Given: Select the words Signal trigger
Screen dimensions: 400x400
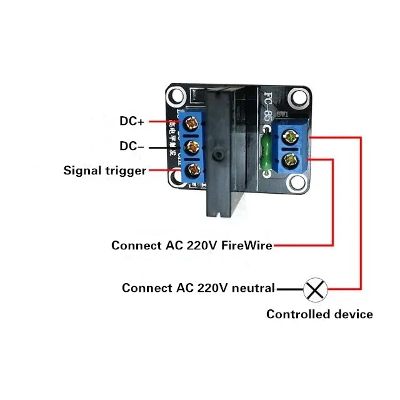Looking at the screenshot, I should [x=105, y=170].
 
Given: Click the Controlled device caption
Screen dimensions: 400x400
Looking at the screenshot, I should [x=319, y=314].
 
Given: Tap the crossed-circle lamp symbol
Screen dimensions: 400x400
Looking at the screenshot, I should [x=315, y=289].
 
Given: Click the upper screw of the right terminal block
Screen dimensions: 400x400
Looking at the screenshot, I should [x=291, y=135].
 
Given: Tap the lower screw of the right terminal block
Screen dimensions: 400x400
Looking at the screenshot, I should [x=291, y=161].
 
